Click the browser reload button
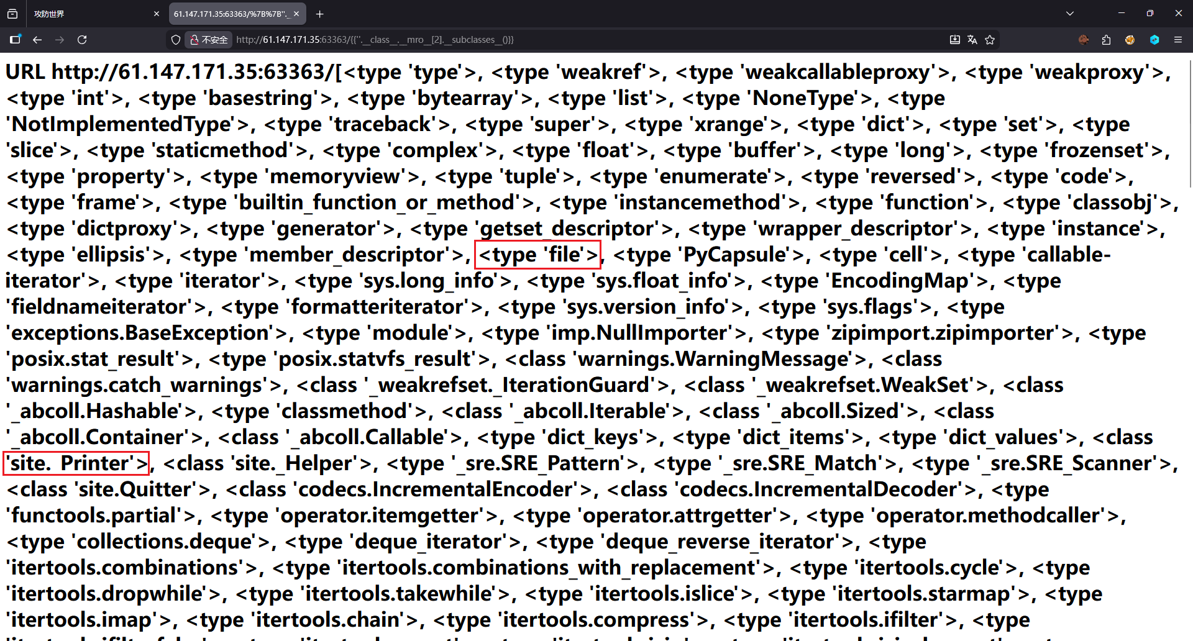click(82, 40)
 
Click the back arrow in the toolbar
click(37, 40)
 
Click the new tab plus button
click(319, 14)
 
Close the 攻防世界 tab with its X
click(156, 14)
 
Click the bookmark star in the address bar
click(990, 40)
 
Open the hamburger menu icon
click(1177, 40)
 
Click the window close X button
click(1178, 13)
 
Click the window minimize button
click(1122, 13)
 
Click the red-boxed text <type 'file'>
click(538, 255)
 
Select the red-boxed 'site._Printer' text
click(76, 463)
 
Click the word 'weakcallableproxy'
click(837, 72)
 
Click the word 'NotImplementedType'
click(122, 124)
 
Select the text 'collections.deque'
click(164, 542)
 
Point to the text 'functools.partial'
click(94, 516)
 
